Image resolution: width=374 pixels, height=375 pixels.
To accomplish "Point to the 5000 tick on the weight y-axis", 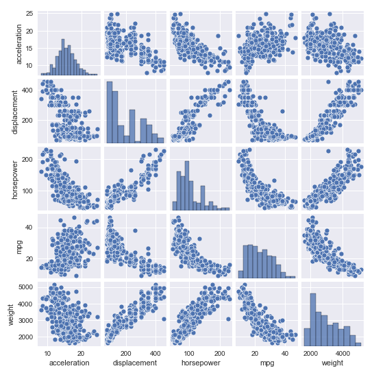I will (24, 287).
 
